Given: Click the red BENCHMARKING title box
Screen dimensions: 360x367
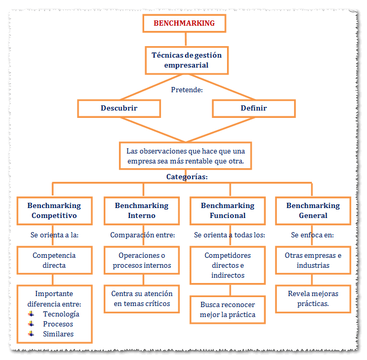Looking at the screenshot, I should (184, 23).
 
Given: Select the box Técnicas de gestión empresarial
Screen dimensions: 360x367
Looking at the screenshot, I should (186, 60).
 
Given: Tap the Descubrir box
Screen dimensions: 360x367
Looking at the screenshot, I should (118, 108).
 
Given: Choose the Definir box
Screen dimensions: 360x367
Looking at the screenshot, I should (253, 108).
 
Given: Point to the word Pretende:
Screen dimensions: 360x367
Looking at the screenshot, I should (187, 90).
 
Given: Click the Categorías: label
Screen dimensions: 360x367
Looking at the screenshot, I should (187, 177).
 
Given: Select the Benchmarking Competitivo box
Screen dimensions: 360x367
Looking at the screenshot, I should (54, 211).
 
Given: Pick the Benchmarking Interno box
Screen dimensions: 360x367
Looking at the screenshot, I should (142, 211).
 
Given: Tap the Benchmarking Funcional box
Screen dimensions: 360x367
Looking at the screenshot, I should (228, 211).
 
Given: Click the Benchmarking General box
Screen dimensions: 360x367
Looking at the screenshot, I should (313, 211).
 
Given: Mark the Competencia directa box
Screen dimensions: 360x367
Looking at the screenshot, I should (54, 260).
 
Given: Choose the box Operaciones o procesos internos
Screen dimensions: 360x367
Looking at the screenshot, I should (142, 260).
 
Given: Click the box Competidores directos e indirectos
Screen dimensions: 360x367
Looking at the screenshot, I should (228, 265).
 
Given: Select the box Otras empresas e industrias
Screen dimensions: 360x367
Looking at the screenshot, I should (313, 260).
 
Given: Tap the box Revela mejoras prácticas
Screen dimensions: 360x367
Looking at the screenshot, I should (313, 299).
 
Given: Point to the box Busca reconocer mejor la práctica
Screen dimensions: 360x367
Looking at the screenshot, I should (228, 309).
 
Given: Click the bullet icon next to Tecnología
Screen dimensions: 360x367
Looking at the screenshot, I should (32, 314).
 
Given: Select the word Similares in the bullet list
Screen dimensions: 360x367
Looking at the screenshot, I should (58, 334).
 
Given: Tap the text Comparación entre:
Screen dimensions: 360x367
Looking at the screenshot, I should (142, 235).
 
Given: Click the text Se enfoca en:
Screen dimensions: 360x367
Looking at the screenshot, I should (312, 235).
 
